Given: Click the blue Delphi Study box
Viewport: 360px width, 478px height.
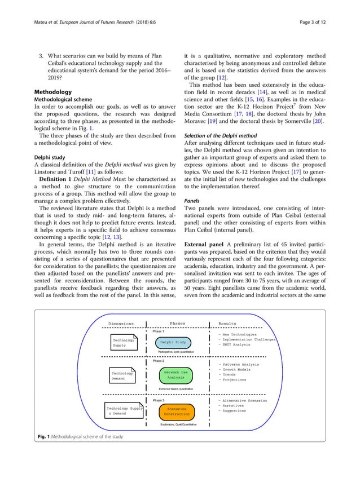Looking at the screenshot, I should coord(173,342).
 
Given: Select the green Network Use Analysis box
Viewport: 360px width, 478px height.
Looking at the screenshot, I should coord(175,375).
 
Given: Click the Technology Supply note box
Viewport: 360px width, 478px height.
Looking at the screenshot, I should coord(123,343).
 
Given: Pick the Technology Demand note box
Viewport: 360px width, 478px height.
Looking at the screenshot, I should coord(122,376).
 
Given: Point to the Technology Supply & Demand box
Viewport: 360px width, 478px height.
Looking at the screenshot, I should coord(124,410).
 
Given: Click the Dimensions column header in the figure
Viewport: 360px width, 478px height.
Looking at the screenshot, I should coord(121,324).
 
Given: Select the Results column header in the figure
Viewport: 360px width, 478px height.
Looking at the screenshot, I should coord(227,324).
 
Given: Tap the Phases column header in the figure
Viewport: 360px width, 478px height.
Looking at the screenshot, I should coord(177,324).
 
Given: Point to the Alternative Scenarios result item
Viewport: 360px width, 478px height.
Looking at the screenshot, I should coord(243,400).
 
